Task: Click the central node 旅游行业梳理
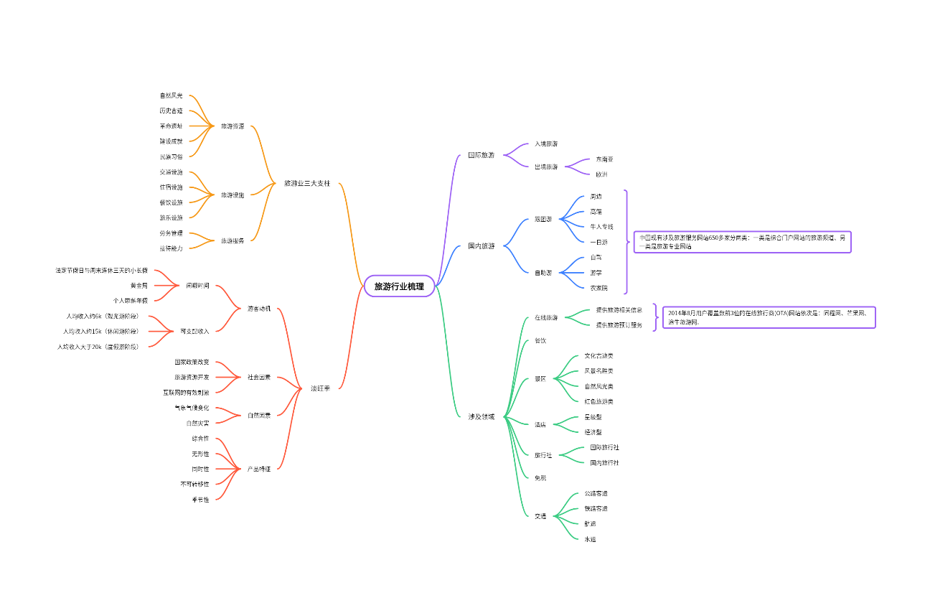coord(399,286)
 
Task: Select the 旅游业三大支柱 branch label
coord(307,183)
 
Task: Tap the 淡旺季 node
coord(321,388)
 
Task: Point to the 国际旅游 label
coord(482,155)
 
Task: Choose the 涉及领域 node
coord(482,416)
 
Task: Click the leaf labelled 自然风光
coord(171,95)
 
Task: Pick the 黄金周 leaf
coord(139,286)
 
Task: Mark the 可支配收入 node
coord(195,331)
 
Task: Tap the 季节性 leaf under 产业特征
coord(200,500)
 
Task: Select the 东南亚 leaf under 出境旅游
coord(604,159)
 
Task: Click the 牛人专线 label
coord(601,227)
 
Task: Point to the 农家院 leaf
coord(598,288)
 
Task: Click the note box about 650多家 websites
coord(742,242)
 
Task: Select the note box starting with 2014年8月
coord(769,317)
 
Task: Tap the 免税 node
coord(540,477)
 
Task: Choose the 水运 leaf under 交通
coord(590,539)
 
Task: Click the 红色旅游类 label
coord(598,401)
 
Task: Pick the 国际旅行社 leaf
coord(604,447)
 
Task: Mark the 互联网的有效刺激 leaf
coord(186,393)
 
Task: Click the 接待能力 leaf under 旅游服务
coord(171,248)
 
